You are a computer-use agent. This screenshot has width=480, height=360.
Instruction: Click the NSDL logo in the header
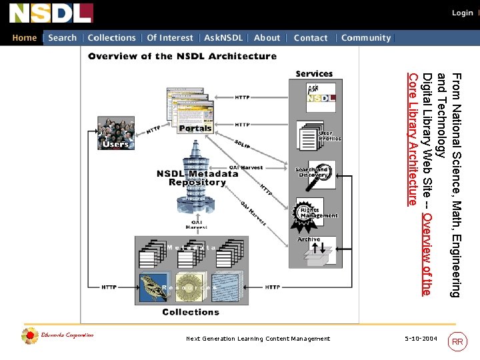pyautogui.click(x=51, y=13)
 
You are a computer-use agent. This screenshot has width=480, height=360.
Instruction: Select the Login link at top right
pyautogui.click(x=462, y=13)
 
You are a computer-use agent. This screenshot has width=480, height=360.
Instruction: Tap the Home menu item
pyautogui.click(x=25, y=38)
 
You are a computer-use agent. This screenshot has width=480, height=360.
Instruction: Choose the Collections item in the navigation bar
pyautogui.click(x=111, y=38)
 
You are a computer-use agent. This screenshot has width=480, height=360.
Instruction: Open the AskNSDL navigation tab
pyautogui.click(x=223, y=38)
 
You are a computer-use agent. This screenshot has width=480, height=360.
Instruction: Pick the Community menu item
pyautogui.click(x=365, y=38)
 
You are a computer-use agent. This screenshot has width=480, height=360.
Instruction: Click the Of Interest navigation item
pyautogui.click(x=170, y=38)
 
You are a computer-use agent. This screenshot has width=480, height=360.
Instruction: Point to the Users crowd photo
pyautogui.click(x=116, y=132)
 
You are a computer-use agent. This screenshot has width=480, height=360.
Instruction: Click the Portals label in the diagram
pyautogui.click(x=195, y=128)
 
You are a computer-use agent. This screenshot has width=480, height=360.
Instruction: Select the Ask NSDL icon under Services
pyautogui.click(x=321, y=97)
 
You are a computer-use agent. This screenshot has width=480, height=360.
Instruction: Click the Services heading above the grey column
pyautogui.click(x=314, y=73)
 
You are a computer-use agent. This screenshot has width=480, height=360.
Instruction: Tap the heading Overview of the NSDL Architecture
pyautogui.click(x=182, y=56)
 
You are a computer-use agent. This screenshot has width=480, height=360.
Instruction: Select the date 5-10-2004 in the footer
pyautogui.click(x=421, y=339)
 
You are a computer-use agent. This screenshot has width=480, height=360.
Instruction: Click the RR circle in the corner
pyautogui.click(x=457, y=342)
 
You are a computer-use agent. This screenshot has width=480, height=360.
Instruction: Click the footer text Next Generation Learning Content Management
pyautogui.click(x=258, y=339)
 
